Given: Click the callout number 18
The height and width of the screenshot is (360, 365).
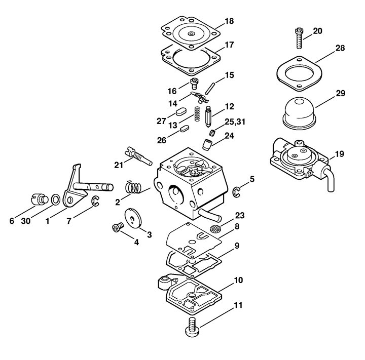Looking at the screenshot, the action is coord(229,21).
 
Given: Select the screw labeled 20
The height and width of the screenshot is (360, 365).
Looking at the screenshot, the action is coord(300,38).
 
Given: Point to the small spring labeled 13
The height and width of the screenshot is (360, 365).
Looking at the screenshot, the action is coord(197,114).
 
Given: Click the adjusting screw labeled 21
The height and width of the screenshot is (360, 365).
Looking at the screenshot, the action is coord(138,156).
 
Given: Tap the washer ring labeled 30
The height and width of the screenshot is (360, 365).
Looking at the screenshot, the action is coord(55,199).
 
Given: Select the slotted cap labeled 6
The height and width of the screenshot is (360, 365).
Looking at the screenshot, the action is coord(39,199).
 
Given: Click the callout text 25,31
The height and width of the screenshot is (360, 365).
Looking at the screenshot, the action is coord(235,122).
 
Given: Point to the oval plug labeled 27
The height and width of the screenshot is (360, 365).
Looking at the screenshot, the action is coord(181,111).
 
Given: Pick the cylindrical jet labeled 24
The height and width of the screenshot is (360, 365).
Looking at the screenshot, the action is coord(207,145).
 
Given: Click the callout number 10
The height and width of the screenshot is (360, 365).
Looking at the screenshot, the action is coord(238,280).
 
